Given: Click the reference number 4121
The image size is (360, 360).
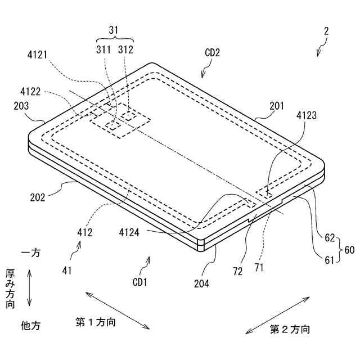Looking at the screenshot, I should [x=37, y=55].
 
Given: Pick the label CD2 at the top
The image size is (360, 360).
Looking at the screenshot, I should [x=212, y=53].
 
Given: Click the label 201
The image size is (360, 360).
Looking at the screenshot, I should [x=277, y=106].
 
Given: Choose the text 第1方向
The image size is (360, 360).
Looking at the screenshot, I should [x=96, y=322].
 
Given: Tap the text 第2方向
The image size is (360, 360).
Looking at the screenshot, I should [x=290, y=329].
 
